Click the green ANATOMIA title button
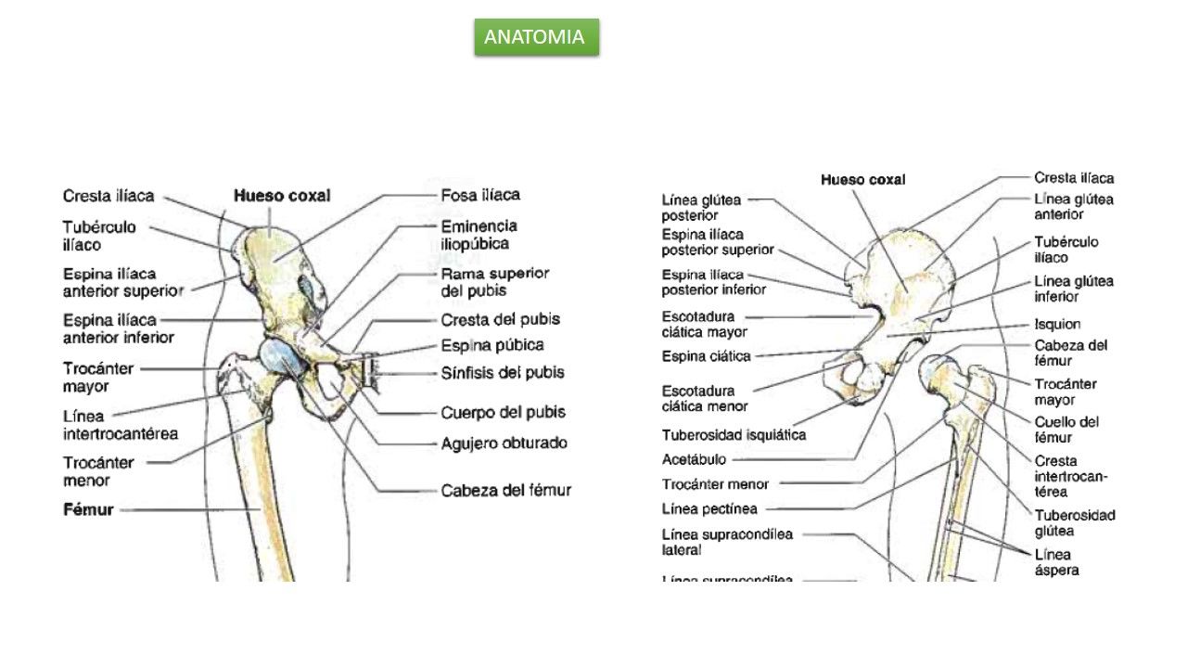(536, 37)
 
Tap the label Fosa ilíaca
(479, 195)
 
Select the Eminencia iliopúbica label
(479, 235)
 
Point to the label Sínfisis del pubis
(502, 373)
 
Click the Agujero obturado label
(504, 443)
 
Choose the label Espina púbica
(491, 345)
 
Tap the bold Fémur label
(88, 509)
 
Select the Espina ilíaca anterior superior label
(122, 282)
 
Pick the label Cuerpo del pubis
(503, 412)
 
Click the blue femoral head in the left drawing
(278, 358)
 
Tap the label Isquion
(1057, 324)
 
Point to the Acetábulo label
(695, 458)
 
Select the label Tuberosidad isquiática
(734, 434)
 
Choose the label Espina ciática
(706, 355)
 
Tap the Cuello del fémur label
(1066, 429)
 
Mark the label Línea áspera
(1056, 562)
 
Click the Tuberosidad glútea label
(1074, 522)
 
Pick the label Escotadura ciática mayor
(705, 324)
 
